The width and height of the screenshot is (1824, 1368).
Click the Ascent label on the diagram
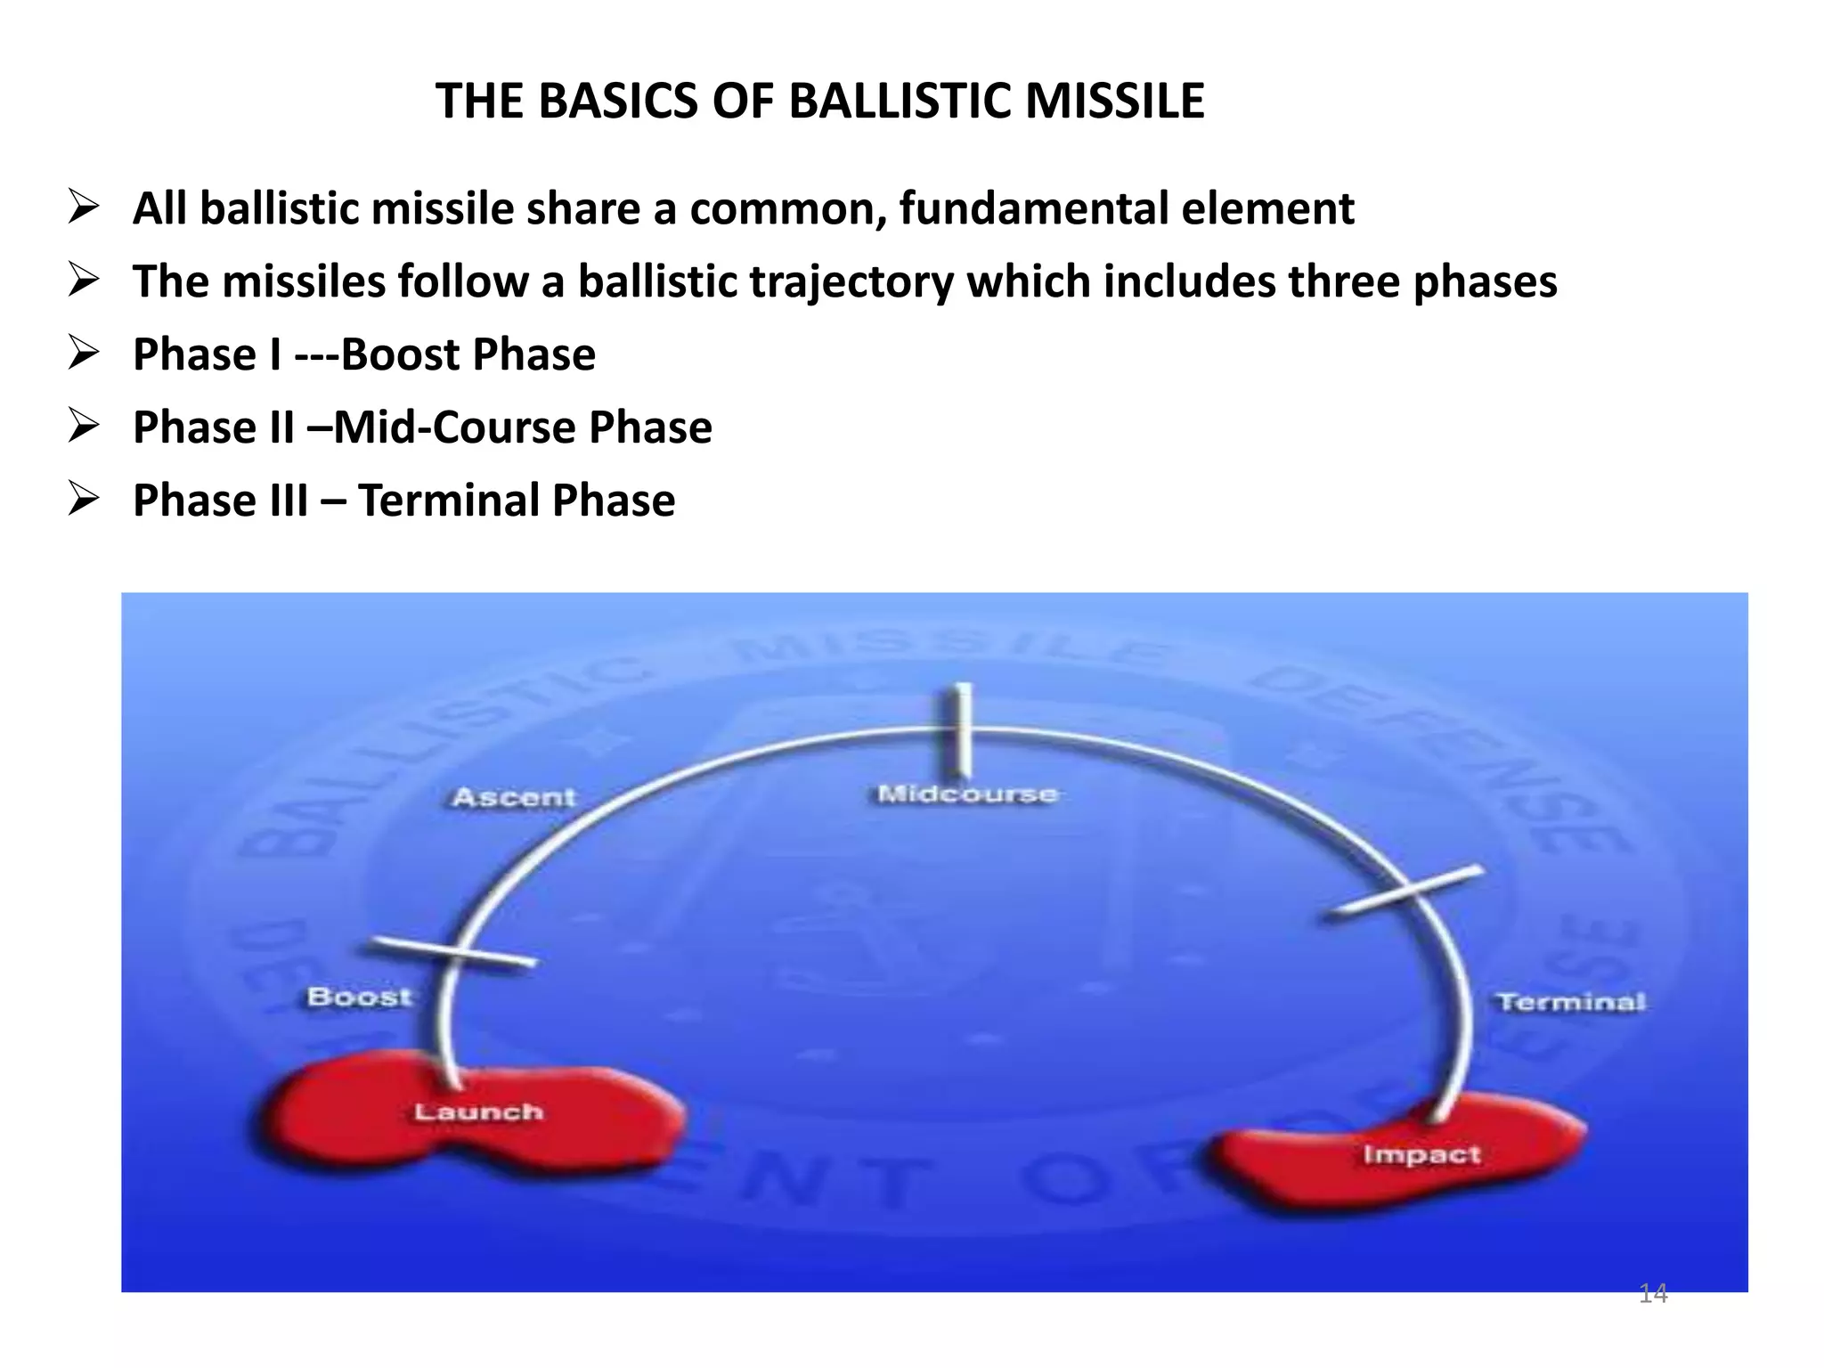(514, 797)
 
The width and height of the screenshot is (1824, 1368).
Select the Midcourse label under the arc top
(967, 794)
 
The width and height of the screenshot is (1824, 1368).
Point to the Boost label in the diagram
(359, 997)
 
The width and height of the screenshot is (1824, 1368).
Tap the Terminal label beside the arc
(1571, 1002)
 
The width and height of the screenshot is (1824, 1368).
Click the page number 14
(1653, 1293)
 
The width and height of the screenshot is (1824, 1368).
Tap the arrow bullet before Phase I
(83, 354)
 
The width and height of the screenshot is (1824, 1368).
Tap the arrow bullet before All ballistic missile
(83, 209)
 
